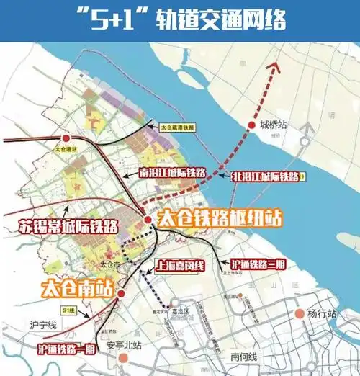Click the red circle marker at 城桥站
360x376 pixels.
pos(253,123)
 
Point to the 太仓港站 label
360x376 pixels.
pos(66,148)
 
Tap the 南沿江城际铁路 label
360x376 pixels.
pos(172,174)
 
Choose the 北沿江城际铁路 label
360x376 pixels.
pos(264,175)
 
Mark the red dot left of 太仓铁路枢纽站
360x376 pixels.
pos(148,219)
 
